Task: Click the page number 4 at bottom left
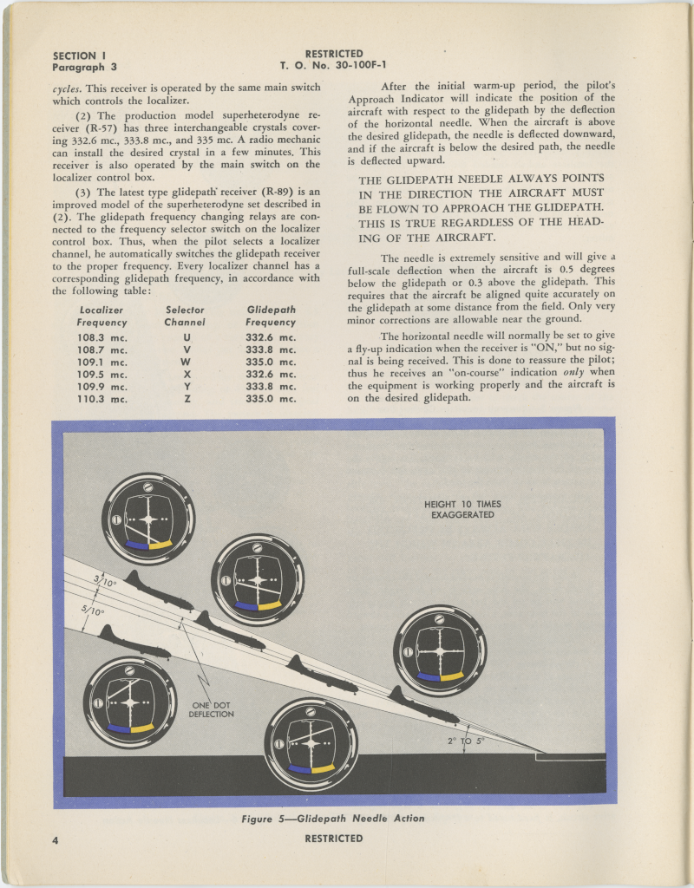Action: (56, 839)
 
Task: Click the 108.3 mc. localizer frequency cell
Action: (101, 337)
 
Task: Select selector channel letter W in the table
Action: (185, 362)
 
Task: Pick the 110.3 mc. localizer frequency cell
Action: (101, 399)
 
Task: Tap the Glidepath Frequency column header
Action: (271, 316)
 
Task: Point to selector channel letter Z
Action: (187, 399)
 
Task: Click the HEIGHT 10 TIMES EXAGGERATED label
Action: (462, 509)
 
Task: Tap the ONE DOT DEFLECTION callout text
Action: (212, 708)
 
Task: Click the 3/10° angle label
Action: (105, 581)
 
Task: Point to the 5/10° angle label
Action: (93, 610)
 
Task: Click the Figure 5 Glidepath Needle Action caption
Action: (333, 818)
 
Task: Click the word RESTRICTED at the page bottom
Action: (334, 839)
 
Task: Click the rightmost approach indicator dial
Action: (440, 650)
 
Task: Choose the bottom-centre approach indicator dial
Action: (311, 742)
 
